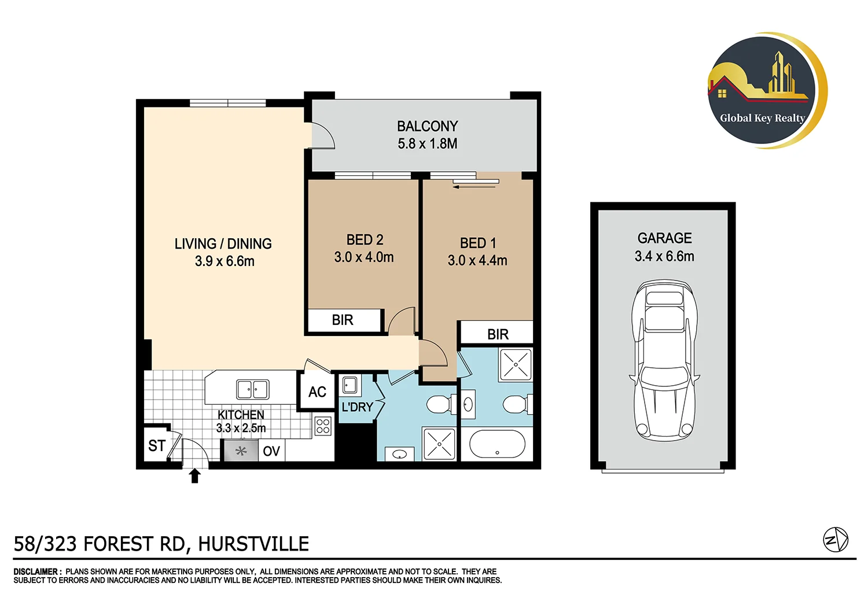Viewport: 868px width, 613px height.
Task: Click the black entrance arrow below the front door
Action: (x=195, y=475)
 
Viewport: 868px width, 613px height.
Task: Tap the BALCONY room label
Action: (x=427, y=126)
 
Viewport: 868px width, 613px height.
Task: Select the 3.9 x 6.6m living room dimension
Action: (x=225, y=261)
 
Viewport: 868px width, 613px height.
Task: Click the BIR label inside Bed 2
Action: (x=343, y=320)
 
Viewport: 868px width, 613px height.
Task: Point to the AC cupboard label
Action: (x=317, y=392)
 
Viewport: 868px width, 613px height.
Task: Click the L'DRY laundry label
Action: (x=357, y=407)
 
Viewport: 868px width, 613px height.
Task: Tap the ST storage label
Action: (x=157, y=446)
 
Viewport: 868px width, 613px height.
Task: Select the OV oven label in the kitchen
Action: (x=271, y=451)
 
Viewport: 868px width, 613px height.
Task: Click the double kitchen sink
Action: (x=253, y=389)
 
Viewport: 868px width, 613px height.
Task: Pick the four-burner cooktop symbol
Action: (x=323, y=426)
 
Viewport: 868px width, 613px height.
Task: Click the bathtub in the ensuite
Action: (x=497, y=444)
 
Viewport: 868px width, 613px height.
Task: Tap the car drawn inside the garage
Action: (x=664, y=360)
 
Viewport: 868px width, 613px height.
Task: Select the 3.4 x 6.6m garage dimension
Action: (x=664, y=256)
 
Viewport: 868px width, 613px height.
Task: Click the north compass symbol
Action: (x=836, y=540)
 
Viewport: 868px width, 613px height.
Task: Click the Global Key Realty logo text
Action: (x=762, y=118)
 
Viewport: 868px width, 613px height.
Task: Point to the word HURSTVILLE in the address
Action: (x=253, y=544)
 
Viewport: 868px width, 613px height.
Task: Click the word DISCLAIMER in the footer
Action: (x=36, y=571)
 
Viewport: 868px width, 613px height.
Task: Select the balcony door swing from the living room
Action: (x=322, y=136)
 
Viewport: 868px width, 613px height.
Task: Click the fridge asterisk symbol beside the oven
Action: (x=241, y=451)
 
